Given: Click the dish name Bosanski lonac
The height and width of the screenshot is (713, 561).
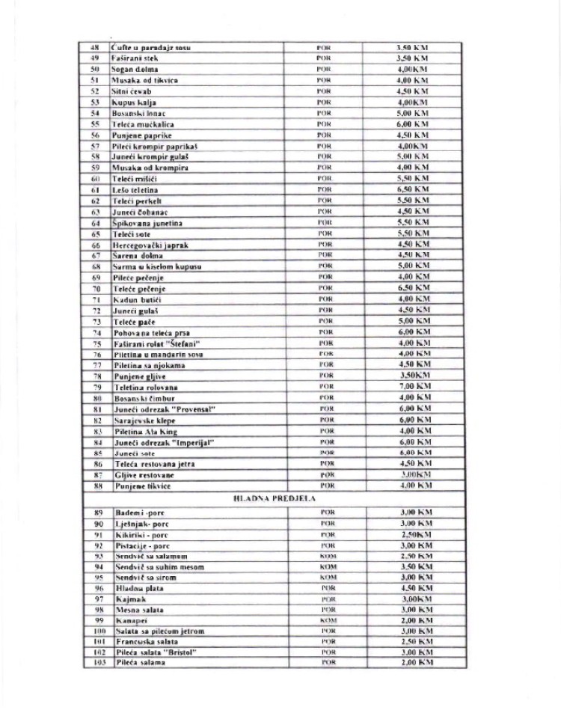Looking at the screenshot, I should pyautogui.click(x=133, y=113).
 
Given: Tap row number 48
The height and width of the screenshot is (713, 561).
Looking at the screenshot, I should pyautogui.click(x=95, y=48).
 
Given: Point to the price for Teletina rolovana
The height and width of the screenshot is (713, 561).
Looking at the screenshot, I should pyautogui.click(x=412, y=387).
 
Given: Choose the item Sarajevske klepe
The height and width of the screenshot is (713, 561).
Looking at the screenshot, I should pyautogui.click(x=141, y=420).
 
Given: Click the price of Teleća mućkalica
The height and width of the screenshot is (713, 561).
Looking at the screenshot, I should pyautogui.click(x=412, y=124).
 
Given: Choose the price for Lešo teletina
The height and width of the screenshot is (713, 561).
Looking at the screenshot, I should pyautogui.click(x=412, y=190).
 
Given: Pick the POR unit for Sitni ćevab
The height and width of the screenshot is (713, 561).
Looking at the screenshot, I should pyautogui.click(x=324, y=91).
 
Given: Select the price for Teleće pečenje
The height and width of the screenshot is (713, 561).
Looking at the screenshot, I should pyautogui.click(x=412, y=288).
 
